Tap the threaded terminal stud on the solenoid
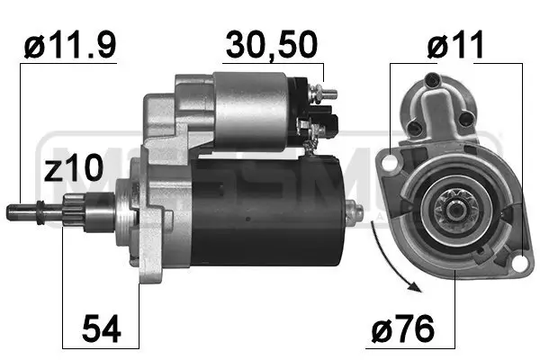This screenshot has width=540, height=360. point(329,94)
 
